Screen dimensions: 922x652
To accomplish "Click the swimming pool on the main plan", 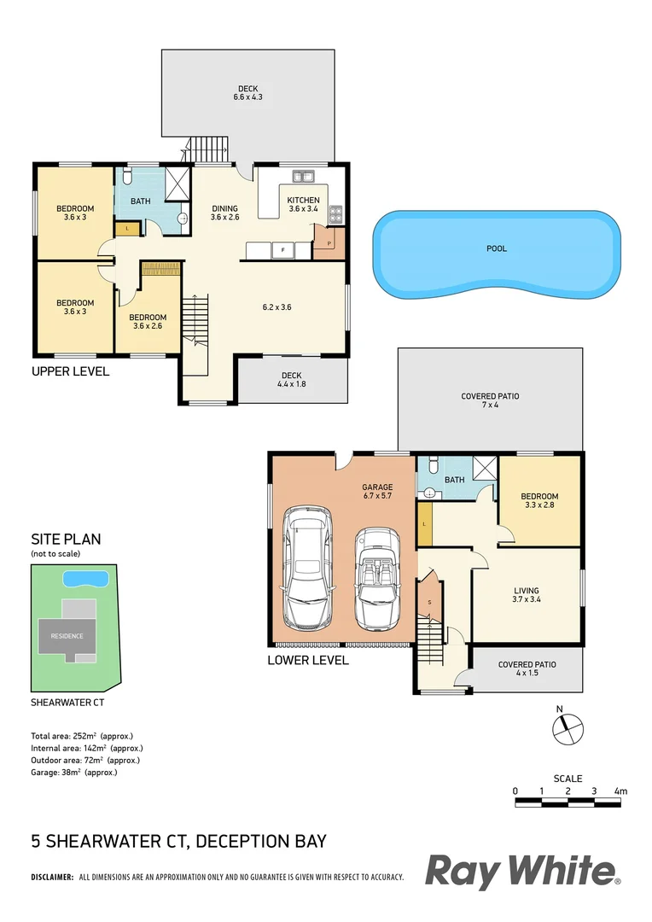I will (496, 254).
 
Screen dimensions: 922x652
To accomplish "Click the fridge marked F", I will (281, 250).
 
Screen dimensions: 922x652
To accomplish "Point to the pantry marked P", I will (329, 242).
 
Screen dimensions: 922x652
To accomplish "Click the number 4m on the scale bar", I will (620, 791).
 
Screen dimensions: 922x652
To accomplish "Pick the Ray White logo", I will (522, 872).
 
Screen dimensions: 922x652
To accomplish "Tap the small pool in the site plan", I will (86, 579).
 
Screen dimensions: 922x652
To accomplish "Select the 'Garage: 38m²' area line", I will (73, 773).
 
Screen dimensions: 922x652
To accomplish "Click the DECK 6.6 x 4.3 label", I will (247, 93).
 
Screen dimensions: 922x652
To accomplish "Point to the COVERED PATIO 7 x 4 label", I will (490, 401).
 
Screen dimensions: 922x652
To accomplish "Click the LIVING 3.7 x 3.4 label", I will (527, 595).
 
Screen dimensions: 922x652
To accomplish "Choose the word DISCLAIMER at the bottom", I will (52, 877).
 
